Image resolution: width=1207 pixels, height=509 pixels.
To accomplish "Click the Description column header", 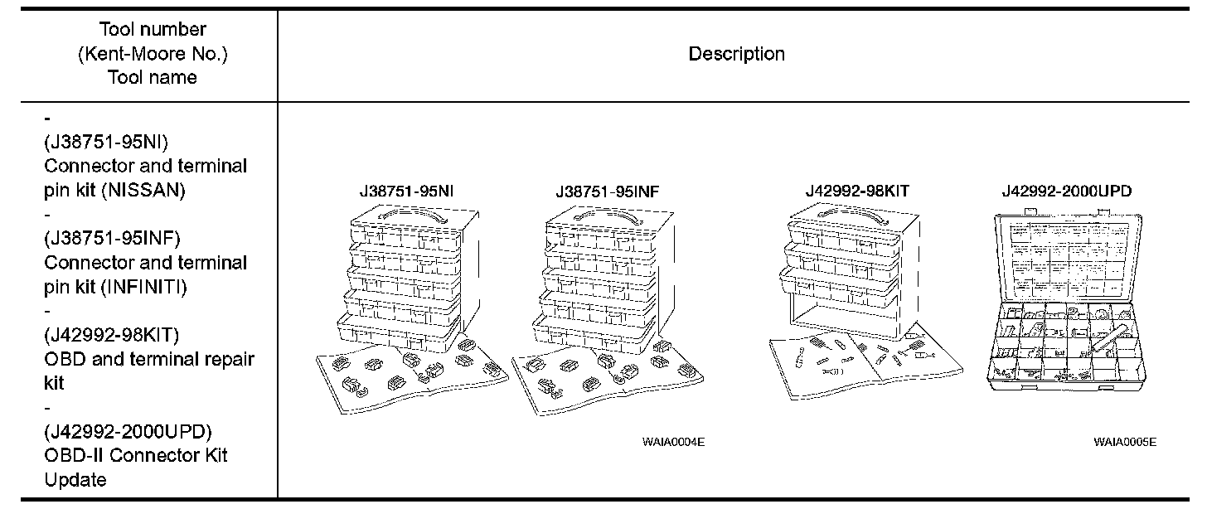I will pos(736,55).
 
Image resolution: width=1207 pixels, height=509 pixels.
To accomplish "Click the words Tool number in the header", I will pos(153,30).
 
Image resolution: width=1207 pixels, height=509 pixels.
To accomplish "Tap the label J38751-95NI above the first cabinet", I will pos(407,191).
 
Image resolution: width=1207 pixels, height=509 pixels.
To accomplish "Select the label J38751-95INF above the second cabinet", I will pos(608,191).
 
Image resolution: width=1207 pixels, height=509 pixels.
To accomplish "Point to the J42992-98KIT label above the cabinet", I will pos(857,191).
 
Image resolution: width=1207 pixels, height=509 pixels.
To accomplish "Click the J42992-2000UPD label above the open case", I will pos(1066,191).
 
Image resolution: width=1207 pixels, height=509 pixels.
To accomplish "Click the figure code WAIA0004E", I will pos(673,442).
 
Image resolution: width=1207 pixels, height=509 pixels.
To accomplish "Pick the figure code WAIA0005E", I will pos(1124,442).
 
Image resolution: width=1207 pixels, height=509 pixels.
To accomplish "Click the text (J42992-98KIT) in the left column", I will pos(112,335).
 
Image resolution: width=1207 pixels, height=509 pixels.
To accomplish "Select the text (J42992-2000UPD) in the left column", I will pos(128,432).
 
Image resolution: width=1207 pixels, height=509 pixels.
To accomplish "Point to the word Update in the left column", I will pos(75,480).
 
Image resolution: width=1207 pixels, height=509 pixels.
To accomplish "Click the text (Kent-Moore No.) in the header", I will pos(153,54).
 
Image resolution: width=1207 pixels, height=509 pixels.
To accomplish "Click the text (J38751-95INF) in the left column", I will pos(112,239).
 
